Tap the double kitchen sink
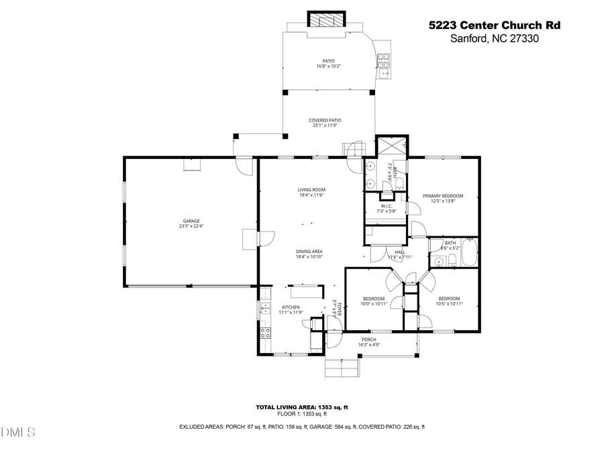263,310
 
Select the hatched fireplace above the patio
325,20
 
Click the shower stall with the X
389,146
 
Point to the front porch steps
342,368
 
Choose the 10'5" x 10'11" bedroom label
449,301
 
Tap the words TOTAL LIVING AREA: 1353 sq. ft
301,407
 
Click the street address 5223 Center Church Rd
494,26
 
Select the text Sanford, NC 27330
494,39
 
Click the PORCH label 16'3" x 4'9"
369,342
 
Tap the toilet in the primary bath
399,183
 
